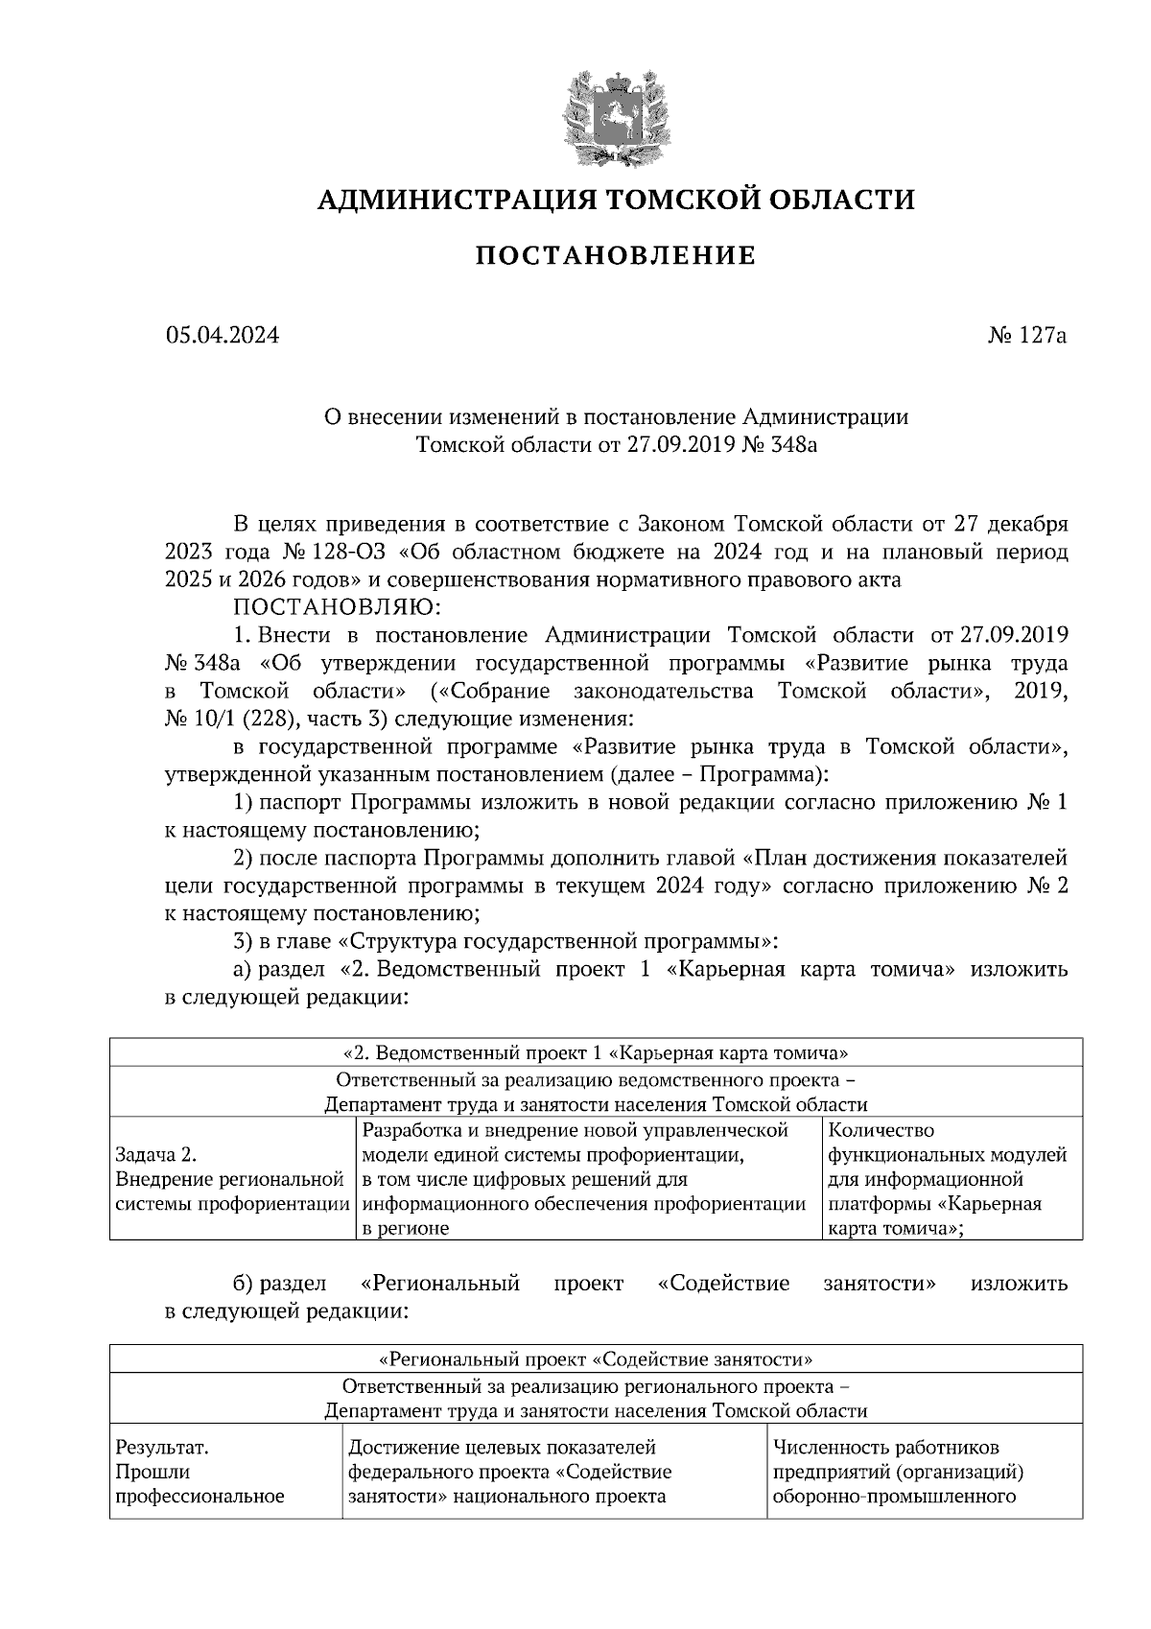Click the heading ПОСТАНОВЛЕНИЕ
pos(616,256)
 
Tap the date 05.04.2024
pos(222,336)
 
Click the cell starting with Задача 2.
pos(230,1179)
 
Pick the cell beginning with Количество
pos(945,1179)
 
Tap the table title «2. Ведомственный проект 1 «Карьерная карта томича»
pos(595,1051)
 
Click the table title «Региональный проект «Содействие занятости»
pos(595,1359)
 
